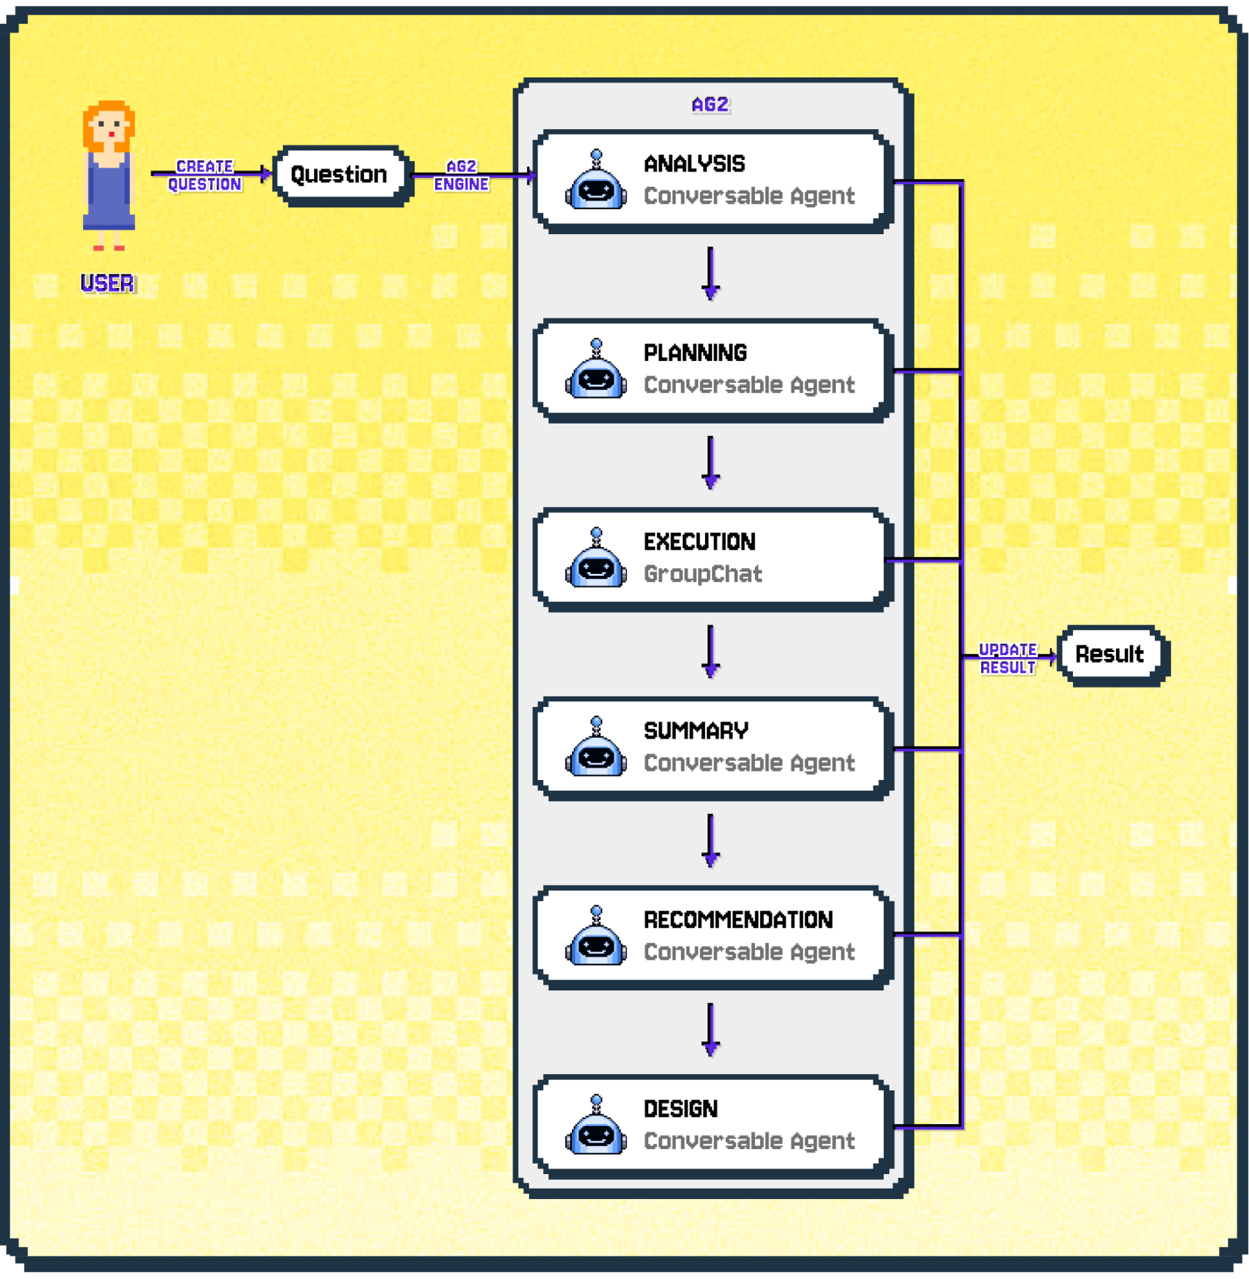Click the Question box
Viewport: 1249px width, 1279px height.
coord(340,175)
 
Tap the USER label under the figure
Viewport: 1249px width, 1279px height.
coord(107,283)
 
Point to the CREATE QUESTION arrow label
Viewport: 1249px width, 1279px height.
coord(205,175)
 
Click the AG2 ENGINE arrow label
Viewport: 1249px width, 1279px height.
coord(461,175)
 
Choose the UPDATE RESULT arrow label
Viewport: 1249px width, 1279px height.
coord(1008,658)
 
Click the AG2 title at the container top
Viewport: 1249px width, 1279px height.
coord(710,104)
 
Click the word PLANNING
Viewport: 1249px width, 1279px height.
coord(695,353)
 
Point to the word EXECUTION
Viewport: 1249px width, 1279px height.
coord(699,542)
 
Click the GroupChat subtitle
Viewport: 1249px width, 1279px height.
coord(703,574)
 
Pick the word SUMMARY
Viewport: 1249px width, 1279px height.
coord(696,731)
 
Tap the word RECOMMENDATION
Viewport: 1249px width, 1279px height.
coord(738,919)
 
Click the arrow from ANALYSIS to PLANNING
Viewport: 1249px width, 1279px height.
coord(710,273)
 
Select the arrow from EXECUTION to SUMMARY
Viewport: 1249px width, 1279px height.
coord(710,651)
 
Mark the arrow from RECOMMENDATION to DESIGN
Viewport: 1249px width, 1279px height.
coord(710,1029)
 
